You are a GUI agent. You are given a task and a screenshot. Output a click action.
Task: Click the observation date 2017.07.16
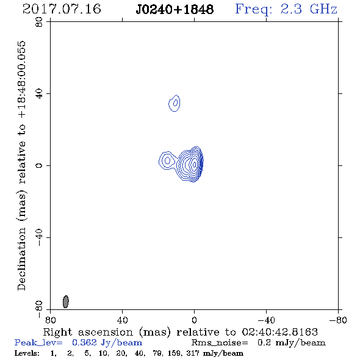[x=62, y=9]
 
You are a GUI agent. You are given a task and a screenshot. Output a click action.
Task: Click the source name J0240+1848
[x=175, y=9]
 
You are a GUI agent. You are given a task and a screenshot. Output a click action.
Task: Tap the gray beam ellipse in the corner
[x=66, y=301]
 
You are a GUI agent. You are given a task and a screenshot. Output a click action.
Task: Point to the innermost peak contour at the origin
[x=194, y=164]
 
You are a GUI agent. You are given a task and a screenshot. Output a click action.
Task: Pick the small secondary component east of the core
[x=167, y=160]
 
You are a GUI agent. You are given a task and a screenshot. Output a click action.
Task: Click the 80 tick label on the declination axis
[x=39, y=22]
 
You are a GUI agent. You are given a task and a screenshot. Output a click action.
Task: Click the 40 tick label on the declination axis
[x=39, y=94]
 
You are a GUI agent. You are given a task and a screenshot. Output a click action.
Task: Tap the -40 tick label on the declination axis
[x=39, y=237]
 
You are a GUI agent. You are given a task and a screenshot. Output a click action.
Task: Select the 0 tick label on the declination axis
[x=39, y=165]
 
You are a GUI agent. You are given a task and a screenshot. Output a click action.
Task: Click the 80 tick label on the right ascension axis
[x=50, y=320]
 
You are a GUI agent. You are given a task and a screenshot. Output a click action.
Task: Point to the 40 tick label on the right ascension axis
[x=122, y=320]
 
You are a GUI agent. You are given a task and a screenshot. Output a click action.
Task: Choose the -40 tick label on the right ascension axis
[x=266, y=320]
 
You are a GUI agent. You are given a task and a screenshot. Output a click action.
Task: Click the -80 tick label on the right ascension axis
[x=338, y=320]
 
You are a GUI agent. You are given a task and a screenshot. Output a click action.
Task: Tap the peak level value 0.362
[x=84, y=342]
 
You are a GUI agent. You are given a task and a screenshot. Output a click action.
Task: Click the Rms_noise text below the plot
[x=220, y=343]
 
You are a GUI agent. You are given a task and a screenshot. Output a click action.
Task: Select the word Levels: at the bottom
[x=27, y=353]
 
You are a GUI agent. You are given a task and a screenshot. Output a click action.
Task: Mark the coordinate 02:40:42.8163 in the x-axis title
[x=280, y=332]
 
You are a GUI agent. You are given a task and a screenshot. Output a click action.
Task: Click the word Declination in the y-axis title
[x=21, y=259]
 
